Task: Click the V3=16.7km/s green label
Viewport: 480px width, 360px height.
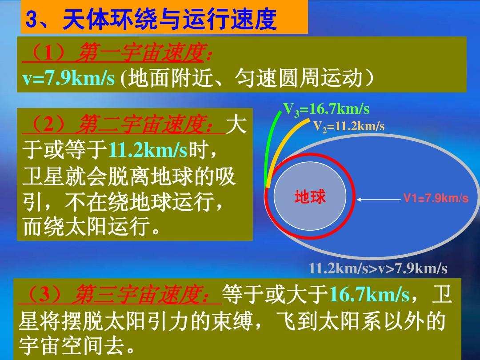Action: tap(326, 110)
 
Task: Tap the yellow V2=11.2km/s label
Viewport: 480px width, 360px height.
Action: tap(349, 126)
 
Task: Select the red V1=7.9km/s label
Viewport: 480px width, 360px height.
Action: tap(436, 198)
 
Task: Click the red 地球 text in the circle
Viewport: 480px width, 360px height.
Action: tap(310, 196)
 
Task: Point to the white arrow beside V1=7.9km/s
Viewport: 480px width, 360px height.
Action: tap(379, 200)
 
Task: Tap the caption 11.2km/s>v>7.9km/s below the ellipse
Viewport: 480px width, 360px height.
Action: tap(378, 268)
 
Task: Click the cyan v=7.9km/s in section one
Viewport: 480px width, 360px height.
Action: tap(68, 79)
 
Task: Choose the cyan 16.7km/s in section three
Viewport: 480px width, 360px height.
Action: tap(369, 295)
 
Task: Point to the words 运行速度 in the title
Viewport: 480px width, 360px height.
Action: tap(230, 19)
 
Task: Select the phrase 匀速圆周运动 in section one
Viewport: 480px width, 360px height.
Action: tap(299, 78)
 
